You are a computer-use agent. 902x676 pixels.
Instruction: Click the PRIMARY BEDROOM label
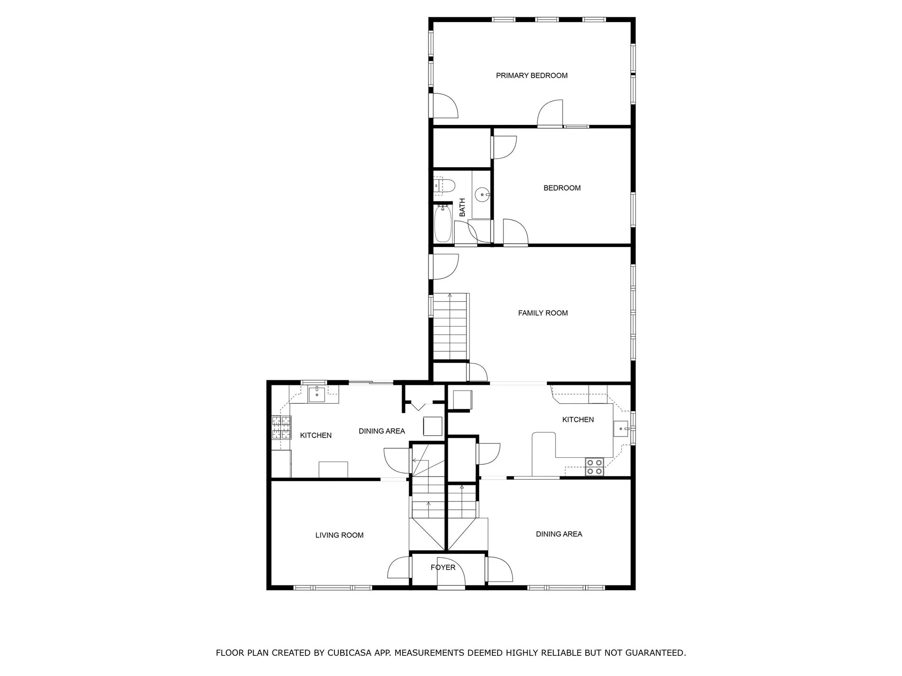[x=531, y=76]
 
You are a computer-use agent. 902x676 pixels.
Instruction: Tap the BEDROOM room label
[x=562, y=188]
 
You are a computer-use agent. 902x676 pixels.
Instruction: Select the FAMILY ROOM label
[x=543, y=313]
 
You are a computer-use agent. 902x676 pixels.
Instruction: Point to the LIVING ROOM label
[x=339, y=535]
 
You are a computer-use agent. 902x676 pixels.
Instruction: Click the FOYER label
[x=443, y=568]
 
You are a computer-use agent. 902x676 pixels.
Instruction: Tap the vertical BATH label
[x=462, y=207]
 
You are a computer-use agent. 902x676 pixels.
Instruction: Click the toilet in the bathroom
[x=443, y=186]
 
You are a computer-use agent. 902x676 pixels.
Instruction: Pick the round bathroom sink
[x=482, y=194]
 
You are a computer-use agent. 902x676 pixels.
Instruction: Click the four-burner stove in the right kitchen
[x=594, y=466]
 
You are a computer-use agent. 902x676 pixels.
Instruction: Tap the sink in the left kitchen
[x=317, y=394]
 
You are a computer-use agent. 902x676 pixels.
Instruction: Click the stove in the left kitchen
[x=281, y=428]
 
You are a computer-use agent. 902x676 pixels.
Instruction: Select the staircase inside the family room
[x=451, y=327]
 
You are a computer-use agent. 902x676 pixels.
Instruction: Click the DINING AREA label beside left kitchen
[x=381, y=431]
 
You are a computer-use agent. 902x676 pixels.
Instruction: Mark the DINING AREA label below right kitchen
[x=559, y=534]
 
